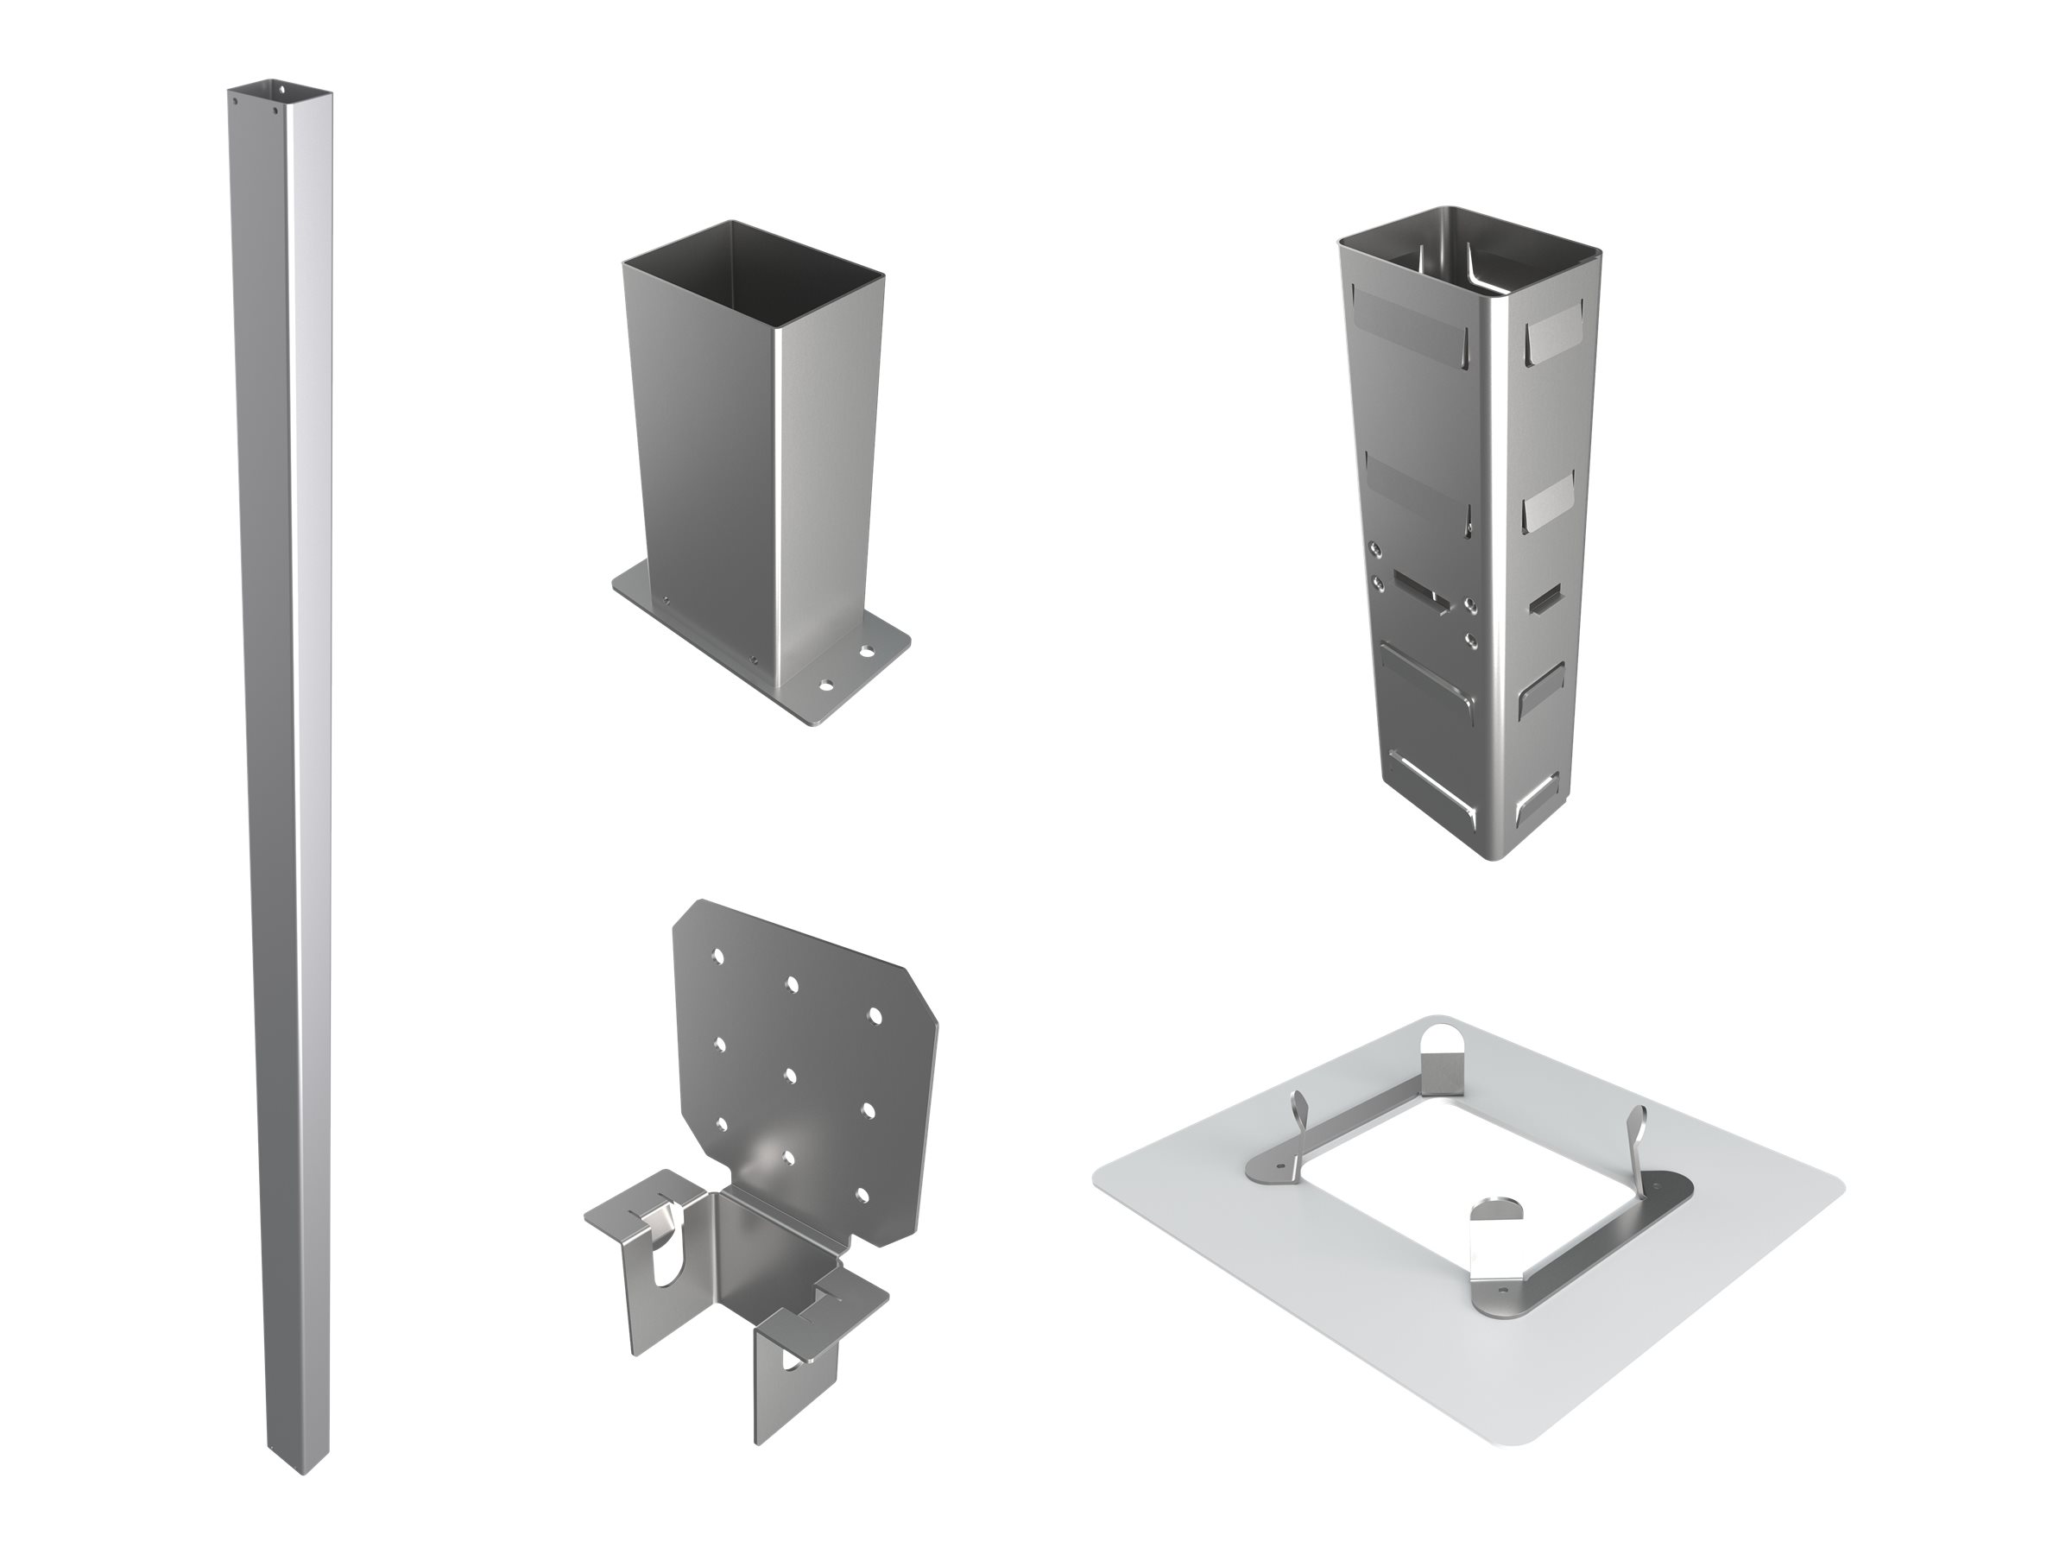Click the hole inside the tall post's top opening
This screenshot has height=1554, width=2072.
pyautogui.click(x=282, y=89)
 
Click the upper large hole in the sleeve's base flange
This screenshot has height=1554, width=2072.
pyautogui.click(x=863, y=648)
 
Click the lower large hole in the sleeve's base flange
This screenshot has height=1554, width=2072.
pyautogui.click(x=825, y=685)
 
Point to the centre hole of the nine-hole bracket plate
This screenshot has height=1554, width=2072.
pyautogui.click(x=791, y=1073)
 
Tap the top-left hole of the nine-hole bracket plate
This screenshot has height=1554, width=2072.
pyautogui.click(x=717, y=957)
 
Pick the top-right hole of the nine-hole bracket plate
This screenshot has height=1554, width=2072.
pyautogui.click(x=875, y=1015)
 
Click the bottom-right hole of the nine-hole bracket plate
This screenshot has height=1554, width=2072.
pyautogui.click(x=863, y=1197)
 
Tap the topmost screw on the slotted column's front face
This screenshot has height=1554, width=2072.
pyautogui.click(x=1375, y=549)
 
